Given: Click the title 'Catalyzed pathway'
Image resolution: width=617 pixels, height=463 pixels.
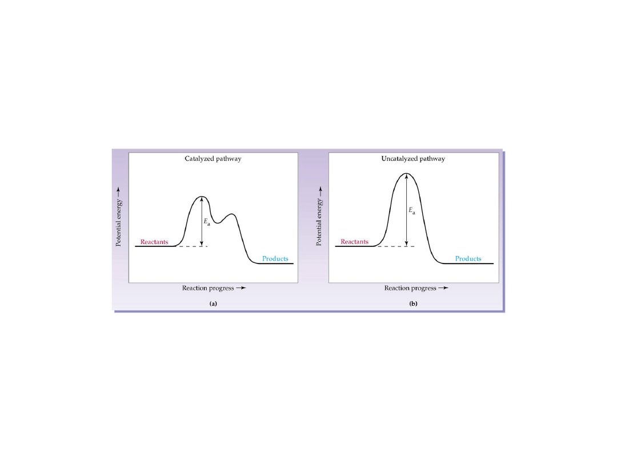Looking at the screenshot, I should pyautogui.click(x=213, y=159).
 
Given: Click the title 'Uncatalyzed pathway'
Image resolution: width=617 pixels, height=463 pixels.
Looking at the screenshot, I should pyautogui.click(x=413, y=159).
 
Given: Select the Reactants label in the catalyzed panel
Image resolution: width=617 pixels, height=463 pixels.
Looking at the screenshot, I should pyautogui.click(x=154, y=242).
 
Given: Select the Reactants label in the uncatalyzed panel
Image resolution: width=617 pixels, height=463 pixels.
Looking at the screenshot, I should pyautogui.click(x=355, y=242).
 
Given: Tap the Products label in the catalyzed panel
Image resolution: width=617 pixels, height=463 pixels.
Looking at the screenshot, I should pyautogui.click(x=275, y=259).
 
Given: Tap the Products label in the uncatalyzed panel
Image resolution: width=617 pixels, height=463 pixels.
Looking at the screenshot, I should pyautogui.click(x=468, y=259).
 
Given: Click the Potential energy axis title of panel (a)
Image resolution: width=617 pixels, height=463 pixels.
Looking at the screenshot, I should pyautogui.click(x=119, y=215).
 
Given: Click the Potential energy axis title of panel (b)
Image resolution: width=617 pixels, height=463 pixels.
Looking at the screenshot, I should pyautogui.click(x=320, y=215).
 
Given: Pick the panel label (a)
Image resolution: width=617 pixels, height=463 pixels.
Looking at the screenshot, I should pyautogui.click(x=213, y=304).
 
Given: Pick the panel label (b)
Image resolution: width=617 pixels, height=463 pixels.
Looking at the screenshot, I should pyautogui.click(x=413, y=304).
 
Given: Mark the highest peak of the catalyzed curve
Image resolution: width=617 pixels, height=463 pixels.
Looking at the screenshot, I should pyautogui.click(x=201, y=197).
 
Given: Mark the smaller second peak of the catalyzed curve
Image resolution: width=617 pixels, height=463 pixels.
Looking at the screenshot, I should pyautogui.click(x=231, y=214).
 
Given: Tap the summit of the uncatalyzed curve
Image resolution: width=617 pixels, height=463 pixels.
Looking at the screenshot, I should pyautogui.click(x=406, y=173).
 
